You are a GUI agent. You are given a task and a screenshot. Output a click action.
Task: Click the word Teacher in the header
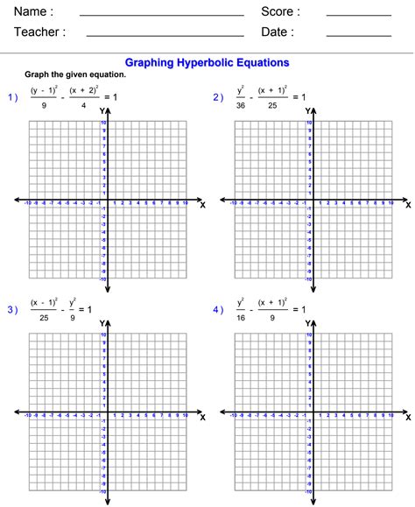(x=39, y=32)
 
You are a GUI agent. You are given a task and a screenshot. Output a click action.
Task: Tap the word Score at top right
(x=280, y=12)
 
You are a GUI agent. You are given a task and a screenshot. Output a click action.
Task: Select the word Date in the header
(x=277, y=32)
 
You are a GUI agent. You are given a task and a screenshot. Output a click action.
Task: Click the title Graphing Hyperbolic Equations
(x=207, y=63)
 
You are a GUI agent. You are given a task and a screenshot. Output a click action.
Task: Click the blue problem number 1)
(x=13, y=97)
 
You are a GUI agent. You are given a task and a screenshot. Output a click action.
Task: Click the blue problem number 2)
(x=218, y=97)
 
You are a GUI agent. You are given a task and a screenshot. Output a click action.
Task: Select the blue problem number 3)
(x=13, y=309)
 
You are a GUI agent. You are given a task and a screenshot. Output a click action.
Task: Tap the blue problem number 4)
(x=218, y=309)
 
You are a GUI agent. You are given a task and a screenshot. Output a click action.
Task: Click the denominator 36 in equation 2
(x=241, y=105)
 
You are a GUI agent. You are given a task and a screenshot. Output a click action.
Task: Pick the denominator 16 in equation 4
(x=241, y=317)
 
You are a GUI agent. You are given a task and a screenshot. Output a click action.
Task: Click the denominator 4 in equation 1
(x=84, y=105)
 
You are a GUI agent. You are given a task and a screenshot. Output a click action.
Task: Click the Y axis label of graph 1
(x=102, y=111)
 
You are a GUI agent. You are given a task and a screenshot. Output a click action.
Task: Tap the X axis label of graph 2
(x=407, y=205)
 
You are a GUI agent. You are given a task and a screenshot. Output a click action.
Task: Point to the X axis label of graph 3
(x=202, y=417)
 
